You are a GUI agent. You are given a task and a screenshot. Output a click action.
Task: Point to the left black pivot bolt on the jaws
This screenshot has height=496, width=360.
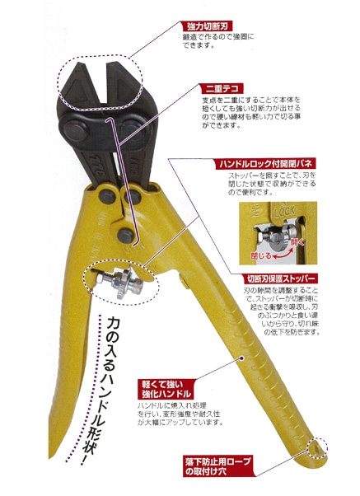coord(72,129)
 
